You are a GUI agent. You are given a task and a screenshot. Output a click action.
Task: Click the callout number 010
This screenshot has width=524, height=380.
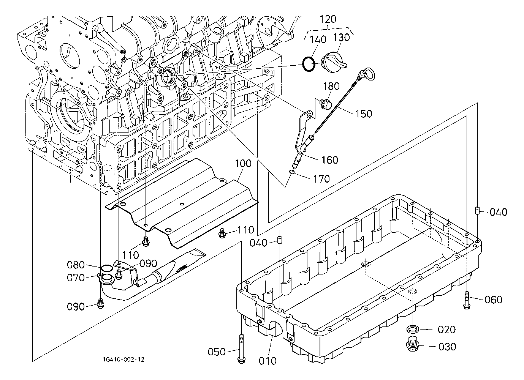[268, 361]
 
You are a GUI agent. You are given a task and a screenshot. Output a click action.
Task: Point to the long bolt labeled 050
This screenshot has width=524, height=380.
[241, 347]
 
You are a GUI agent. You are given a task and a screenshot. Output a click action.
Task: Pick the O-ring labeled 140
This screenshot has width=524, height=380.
[309, 64]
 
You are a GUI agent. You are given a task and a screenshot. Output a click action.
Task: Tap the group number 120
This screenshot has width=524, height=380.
[328, 19]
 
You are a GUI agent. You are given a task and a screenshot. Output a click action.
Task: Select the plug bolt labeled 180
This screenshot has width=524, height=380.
[326, 104]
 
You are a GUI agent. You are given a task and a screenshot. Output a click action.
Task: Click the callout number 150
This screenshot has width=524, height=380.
[364, 113]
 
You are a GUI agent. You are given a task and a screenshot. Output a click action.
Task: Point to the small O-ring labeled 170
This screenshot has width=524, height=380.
[292, 173]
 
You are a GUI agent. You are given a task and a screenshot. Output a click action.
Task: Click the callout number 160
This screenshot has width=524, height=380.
[329, 160]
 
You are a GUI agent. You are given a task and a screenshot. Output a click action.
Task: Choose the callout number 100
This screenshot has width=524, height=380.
[243, 164]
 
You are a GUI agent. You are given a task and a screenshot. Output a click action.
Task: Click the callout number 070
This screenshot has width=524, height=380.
[76, 278]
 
